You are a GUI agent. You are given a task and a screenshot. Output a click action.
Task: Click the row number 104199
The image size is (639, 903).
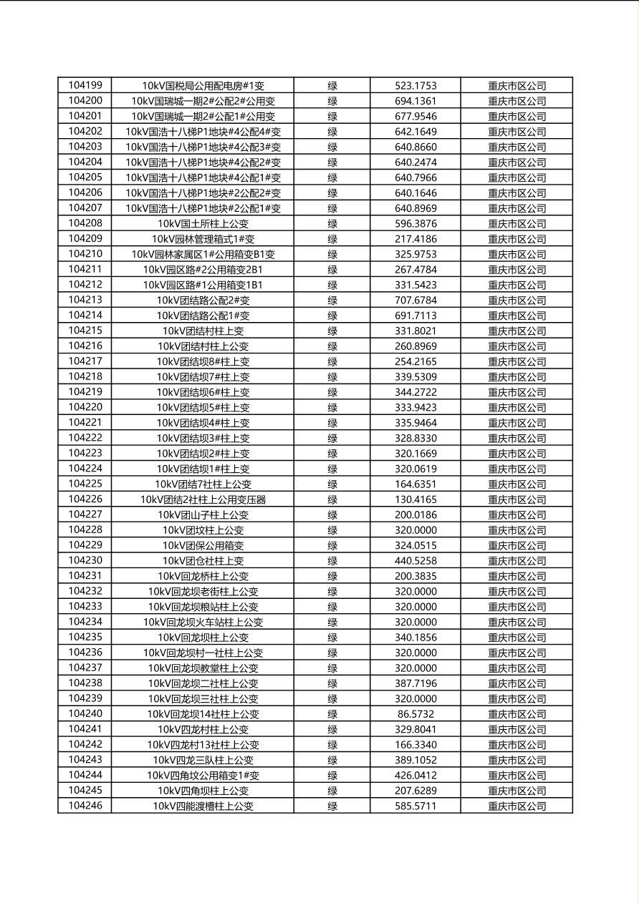(85, 85)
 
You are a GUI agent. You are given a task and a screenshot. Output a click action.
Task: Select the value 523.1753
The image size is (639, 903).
(415, 86)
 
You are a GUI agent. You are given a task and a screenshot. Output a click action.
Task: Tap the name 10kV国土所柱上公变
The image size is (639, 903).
(203, 224)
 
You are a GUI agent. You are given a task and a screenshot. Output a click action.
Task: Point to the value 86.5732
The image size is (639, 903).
(415, 714)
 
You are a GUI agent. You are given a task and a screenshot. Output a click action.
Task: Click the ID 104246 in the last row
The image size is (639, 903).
(85, 806)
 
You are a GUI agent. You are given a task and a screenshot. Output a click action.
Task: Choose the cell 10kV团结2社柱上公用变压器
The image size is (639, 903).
(203, 499)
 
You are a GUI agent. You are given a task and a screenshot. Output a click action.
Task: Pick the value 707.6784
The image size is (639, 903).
(415, 301)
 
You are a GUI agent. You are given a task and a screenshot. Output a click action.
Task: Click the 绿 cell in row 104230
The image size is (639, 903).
(332, 561)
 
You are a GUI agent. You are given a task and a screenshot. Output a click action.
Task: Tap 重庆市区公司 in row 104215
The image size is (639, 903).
(517, 331)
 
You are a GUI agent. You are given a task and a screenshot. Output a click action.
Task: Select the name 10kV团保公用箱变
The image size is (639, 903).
(203, 545)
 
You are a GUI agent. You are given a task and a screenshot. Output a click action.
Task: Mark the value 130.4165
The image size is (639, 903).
(415, 499)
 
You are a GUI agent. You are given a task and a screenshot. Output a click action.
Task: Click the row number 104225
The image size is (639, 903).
(85, 484)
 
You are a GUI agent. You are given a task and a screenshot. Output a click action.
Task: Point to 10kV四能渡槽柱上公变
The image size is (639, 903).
(203, 806)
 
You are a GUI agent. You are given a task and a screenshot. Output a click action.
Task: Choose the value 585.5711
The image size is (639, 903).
(415, 806)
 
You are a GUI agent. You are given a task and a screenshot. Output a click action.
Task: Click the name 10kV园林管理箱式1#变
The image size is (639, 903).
(203, 239)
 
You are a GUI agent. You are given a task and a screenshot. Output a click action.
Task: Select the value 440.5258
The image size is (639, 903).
(415, 561)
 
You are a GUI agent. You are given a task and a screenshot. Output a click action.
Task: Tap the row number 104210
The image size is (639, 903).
(85, 254)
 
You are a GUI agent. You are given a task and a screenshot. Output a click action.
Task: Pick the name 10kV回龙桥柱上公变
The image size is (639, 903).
(203, 576)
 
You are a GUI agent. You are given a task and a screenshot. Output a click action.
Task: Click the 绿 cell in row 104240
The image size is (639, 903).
(332, 714)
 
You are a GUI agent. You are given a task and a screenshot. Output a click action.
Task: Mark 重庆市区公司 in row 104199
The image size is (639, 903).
(517, 86)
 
